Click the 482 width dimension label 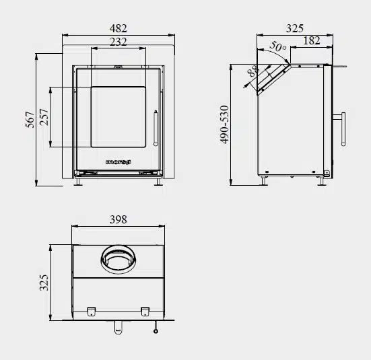(118, 28)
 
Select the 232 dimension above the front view (118, 42)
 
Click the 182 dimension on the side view (312, 41)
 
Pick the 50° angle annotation (277, 48)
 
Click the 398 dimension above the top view (118, 219)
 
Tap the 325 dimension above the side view (294, 28)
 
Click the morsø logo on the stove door (118, 161)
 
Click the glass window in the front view (118, 116)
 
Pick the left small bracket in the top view (90, 310)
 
